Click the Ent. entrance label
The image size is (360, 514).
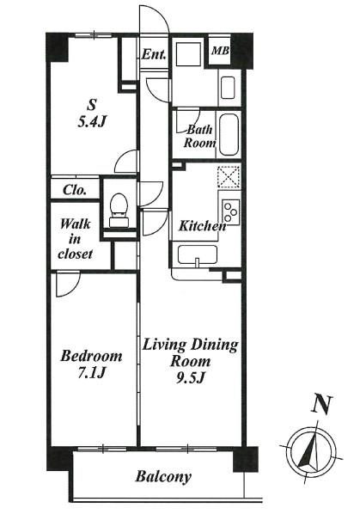click(154, 54)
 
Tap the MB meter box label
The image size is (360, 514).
click(220, 51)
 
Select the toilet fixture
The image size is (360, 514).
click(119, 210)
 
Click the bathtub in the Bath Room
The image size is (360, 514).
click(229, 134)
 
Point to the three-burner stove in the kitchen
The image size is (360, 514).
click(231, 211)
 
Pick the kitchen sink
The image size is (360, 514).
click(198, 254)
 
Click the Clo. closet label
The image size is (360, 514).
click(75, 190)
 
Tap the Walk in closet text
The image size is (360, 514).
click(75, 239)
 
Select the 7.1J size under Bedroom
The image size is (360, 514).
click(91, 372)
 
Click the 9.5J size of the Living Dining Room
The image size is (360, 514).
click(191, 377)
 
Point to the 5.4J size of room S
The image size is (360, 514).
click(92, 122)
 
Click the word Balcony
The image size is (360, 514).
click(163, 476)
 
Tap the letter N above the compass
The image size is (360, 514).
click(321, 404)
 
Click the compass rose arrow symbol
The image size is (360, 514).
click(311, 451)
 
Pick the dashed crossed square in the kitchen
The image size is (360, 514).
click(229, 177)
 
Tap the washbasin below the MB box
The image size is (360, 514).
click(228, 88)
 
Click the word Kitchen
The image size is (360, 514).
click(202, 225)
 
